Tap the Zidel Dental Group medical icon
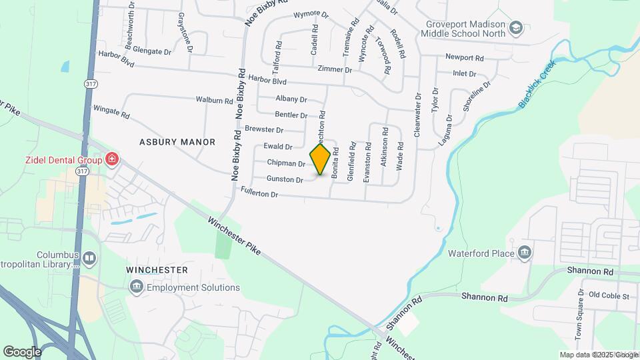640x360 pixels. click(x=113, y=159)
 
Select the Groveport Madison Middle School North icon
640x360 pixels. click(x=515, y=28)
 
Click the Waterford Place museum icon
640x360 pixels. click(x=525, y=253)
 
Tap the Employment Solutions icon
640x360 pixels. click(x=137, y=287)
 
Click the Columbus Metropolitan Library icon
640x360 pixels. click(x=89, y=257)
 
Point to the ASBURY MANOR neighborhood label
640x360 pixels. click(x=177, y=142)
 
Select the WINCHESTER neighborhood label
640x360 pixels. click(x=157, y=270)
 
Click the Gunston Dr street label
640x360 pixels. click(x=285, y=179)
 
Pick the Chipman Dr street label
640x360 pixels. click(x=286, y=163)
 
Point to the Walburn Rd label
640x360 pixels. click(x=214, y=100)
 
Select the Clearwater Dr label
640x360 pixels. click(x=418, y=115)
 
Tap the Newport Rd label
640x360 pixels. click(x=465, y=58)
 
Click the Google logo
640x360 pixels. click(x=22, y=351)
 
